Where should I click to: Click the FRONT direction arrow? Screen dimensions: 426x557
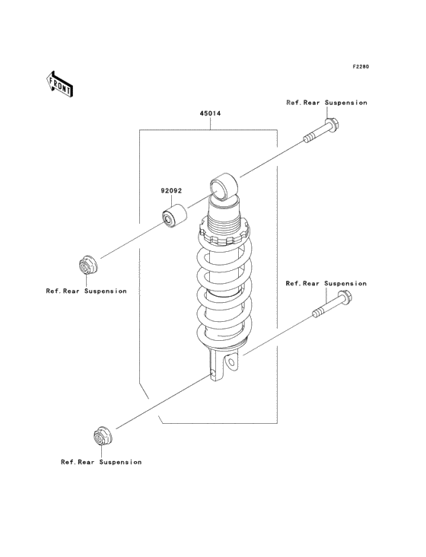(59, 84)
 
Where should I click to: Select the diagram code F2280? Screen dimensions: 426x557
(361, 66)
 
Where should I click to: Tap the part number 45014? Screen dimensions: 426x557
(210, 113)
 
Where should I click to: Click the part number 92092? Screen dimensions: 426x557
(171, 191)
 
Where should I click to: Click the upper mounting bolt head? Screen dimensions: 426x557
(331, 124)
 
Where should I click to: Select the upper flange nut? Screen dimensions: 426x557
(87, 264)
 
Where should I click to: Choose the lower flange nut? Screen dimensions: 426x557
(103, 435)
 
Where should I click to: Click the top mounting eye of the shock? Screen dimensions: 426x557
(224, 187)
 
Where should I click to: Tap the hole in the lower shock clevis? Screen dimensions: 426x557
(232, 363)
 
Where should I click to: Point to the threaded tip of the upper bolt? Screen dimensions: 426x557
(309, 137)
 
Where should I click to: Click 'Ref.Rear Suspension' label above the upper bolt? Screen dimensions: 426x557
(326, 103)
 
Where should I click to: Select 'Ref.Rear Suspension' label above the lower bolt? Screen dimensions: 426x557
(326, 284)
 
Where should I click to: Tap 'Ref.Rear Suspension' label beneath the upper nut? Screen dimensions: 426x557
(86, 291)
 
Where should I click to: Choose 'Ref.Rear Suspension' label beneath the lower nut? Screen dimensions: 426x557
(101, 462)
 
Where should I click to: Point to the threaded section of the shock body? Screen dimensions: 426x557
(224, 224)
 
